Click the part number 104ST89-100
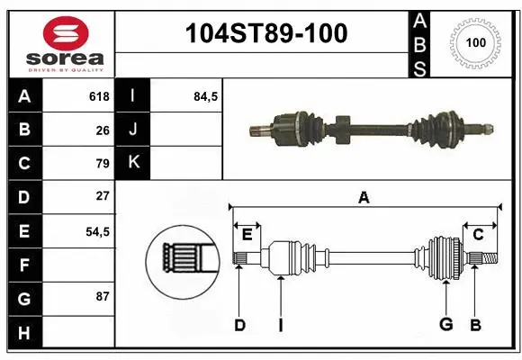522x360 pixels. point(264,34)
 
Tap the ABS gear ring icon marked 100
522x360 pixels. point(473,41)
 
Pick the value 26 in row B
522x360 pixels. point(102,130)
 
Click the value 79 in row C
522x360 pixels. point(102,164)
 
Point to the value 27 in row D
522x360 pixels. point(102,196)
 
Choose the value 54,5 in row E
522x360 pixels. point(97,230)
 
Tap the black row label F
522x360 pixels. point(23,265)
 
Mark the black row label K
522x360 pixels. point(133,163)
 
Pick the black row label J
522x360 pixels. point(133,130)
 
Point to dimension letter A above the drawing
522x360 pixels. point(364,197)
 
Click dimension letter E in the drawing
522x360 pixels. point(246,236)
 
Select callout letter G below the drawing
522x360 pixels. point(445,325)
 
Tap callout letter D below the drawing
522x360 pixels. point(239,325)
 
